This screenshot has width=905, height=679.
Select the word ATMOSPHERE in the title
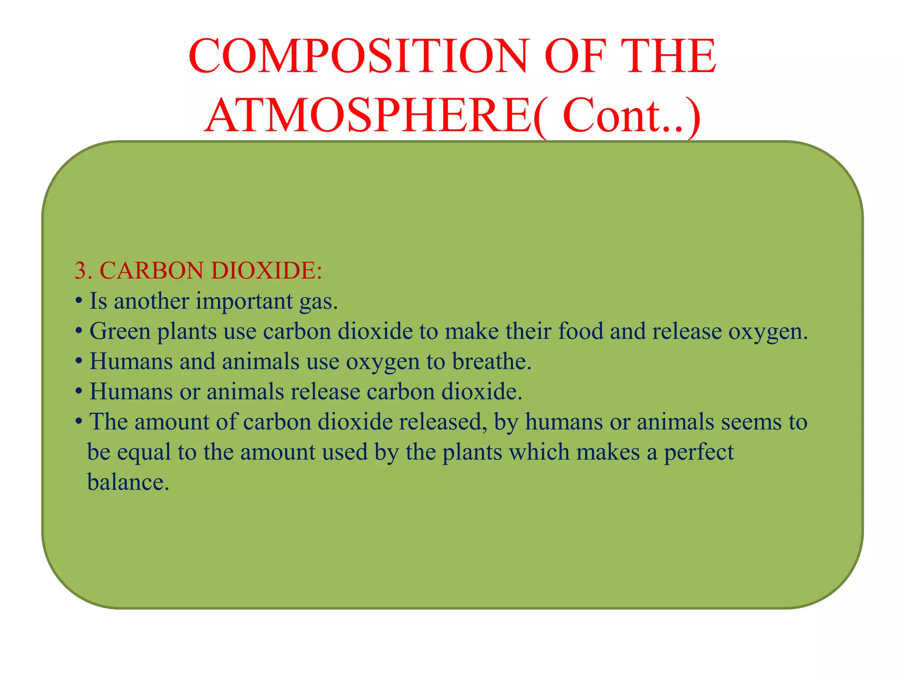(369, 116)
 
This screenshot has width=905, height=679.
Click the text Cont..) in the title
(631, 116)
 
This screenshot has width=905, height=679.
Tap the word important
(244, 301)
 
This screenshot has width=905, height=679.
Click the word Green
(120, 331)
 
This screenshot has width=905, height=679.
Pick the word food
(580, 331)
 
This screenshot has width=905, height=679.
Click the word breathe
(491, 361)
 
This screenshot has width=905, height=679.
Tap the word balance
(128, 482)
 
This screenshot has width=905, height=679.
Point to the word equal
(144, 452)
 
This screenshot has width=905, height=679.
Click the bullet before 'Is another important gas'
(79, 301)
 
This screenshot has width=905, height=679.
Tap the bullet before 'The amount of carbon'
(79, 421)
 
